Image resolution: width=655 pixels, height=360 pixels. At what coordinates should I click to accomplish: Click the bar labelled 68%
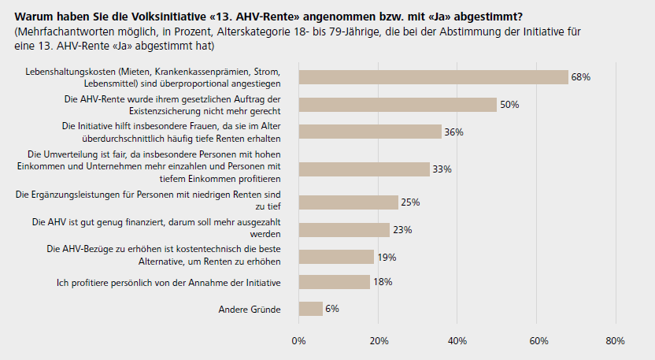pyautogui.click(x=433, y=76)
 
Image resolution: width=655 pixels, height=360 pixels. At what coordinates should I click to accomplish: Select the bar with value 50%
pyautogui.click(x=398, y=105)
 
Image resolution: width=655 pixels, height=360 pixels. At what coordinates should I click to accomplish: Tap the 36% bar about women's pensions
pyautogui.click(x=370, y=132)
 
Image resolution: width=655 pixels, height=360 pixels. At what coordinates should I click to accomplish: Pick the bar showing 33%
pyautogui.click(x=364, y=169)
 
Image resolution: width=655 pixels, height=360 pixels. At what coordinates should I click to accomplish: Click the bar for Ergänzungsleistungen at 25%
pyautogui.click(x=348, y=202)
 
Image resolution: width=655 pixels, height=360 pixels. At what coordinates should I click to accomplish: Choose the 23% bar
pyautogui.click(x=344, y=230)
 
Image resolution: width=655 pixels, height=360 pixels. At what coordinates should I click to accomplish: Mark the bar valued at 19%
pyautogui.click(x=336, y=257)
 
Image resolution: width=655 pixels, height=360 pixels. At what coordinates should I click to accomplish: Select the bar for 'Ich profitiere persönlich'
pyautogui.click(x=334, y=282)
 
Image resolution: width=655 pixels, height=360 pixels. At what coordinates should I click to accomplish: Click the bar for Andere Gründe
pyautogui.click(x=310, y=309)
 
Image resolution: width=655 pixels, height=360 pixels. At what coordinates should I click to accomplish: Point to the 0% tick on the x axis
pyautogui.click(x=298, y=341)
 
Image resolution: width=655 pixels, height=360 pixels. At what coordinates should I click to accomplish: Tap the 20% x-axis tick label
pyautogui.click(x=378, y=341)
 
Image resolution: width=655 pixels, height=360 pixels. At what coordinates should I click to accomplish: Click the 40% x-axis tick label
pyautogui.click(x=457, y=341)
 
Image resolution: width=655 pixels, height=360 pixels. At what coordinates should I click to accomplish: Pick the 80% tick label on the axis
pyautogui.click(x=616, y=341)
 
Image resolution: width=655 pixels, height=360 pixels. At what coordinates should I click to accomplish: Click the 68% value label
pyautogui.click(x=581, y=77)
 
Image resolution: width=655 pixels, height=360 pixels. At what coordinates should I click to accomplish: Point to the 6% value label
pyautogui.click(x=332, y=309)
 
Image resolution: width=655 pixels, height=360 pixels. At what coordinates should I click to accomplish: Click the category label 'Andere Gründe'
pyautogui.click(x=249, y=310)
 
